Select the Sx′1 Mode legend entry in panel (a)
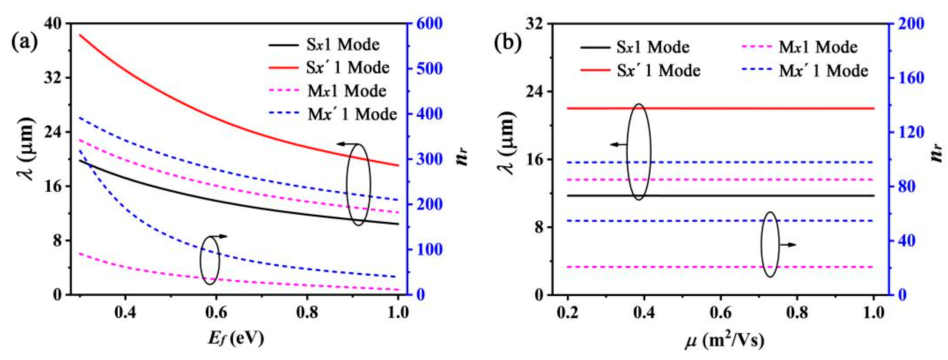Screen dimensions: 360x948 [x=347, y=68]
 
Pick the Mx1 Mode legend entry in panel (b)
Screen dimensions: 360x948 [x=818, y=47]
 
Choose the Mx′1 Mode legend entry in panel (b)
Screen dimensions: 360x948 [x=823, y=71]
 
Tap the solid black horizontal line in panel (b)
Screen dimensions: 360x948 [x=773, y=195]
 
